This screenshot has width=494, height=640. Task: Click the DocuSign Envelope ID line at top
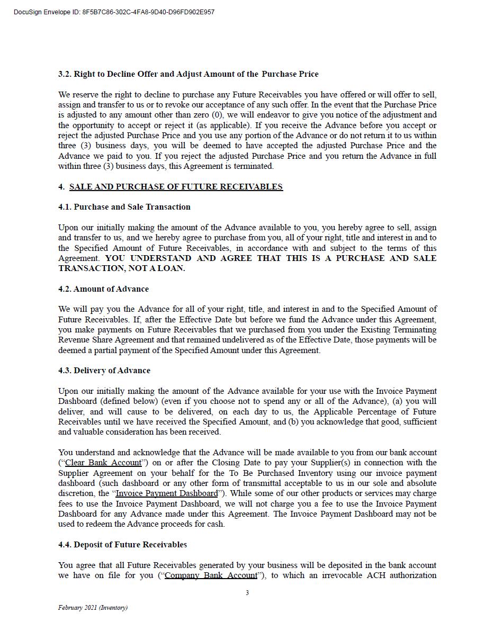[x=114, y=12]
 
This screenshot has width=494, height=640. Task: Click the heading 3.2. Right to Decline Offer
[x=188, y=74]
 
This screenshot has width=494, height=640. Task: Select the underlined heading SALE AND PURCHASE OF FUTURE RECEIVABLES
[x=176, y=187]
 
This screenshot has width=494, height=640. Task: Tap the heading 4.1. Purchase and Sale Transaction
[x=124, y=207]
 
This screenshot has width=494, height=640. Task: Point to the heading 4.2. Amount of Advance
[x=103, y=289]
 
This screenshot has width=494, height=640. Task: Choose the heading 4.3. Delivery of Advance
[x=104, y=371]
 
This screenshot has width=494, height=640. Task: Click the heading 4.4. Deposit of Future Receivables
[x=122, y=545]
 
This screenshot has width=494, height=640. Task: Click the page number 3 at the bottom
[x=247, y=593]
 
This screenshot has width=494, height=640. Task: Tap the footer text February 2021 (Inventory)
[x=93, y=608]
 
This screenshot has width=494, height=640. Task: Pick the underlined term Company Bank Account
[x=211, y=575]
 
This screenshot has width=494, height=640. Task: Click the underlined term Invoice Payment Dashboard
[x=166, y=493]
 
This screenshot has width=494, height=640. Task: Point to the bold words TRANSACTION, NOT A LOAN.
[x=121, y=268]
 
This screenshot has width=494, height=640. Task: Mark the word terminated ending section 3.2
[x=254, y=166]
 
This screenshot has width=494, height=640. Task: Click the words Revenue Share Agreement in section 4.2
[x=106, y=340]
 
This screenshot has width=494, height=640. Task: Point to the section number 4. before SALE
[x=61, y=187]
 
